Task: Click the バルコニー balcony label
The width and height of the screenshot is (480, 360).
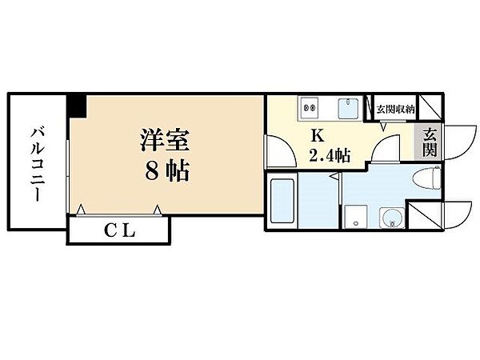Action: click(x=38, y=166)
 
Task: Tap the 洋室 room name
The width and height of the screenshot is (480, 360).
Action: click(x=164, y=140)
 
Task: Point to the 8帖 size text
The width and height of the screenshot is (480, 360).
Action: click(x=167, y=170)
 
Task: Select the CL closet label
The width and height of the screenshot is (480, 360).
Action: click(x=120, y=231)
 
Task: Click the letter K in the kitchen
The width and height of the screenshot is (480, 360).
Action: click(x=318, y=135)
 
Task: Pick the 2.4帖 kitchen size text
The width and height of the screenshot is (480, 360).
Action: click(x=330, y=155)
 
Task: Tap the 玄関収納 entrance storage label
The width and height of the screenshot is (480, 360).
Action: click(x=395, y=110)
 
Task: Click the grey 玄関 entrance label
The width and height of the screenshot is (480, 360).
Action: click(x=430, y=142)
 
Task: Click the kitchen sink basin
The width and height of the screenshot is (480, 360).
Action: click(x=350, y=108)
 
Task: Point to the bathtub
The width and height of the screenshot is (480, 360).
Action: click(x=282, y=201)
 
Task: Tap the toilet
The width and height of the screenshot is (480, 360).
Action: click(x=426, y=178)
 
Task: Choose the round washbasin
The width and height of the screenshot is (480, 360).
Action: click(x=391, y=218)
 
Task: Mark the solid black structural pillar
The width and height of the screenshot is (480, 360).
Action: click(x=77, y=106)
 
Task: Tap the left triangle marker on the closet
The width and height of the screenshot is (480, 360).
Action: click(x=81, y=210)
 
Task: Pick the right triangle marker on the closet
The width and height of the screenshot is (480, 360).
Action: click(x=158, y=210)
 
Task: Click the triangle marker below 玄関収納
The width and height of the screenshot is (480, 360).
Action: click(x=383, y=126)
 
